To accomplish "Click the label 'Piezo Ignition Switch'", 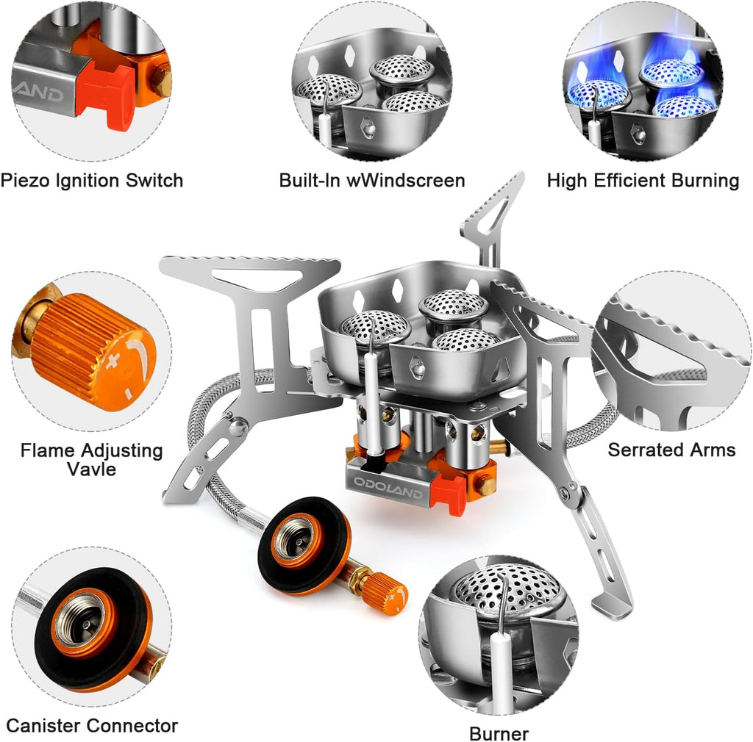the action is click(x=92, y=181).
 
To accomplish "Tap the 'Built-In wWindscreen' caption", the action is click(x=372, y=180).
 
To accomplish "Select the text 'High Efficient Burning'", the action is click(x=643, y=180).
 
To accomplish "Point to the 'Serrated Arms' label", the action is click(x=671, y=450).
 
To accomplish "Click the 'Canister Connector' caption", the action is click(x=92, y=726).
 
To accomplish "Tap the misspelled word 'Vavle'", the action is click(x=92, y=469).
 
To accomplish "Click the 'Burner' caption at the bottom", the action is click(x=499, y=734).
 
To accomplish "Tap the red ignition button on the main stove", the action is click(x=448, y=494).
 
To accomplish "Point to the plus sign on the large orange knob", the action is click(x=112, y=361).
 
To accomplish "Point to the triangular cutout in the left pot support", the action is click(x=257, y=278).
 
